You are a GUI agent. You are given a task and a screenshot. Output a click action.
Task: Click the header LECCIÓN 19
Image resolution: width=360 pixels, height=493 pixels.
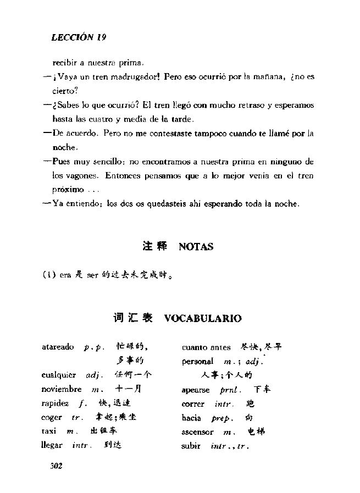click(78, 37)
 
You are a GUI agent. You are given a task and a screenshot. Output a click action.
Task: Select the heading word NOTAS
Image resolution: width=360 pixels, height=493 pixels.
click(196, 247)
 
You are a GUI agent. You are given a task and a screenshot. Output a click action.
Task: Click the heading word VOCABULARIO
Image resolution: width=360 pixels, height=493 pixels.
click(202, 318)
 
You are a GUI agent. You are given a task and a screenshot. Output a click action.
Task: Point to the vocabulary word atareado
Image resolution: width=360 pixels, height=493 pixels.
click(58, 347)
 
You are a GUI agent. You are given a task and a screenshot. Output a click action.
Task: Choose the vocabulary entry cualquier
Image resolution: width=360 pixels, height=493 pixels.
click(58, 375)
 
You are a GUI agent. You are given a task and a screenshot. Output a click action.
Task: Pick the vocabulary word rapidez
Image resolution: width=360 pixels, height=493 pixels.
click(56, 403)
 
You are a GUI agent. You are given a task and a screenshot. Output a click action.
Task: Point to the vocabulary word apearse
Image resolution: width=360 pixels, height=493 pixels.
click(195, 390)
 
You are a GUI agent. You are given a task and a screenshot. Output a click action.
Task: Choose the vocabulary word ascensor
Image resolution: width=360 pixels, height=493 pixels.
click(197, 432)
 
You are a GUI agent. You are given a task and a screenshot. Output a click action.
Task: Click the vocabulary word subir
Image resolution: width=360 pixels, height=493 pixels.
click(191, 446)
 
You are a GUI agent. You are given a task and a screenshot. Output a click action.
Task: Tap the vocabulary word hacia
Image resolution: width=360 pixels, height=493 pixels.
click(191, 418)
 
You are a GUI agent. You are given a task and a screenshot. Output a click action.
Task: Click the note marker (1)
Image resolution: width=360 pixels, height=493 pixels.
click(49, 276)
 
